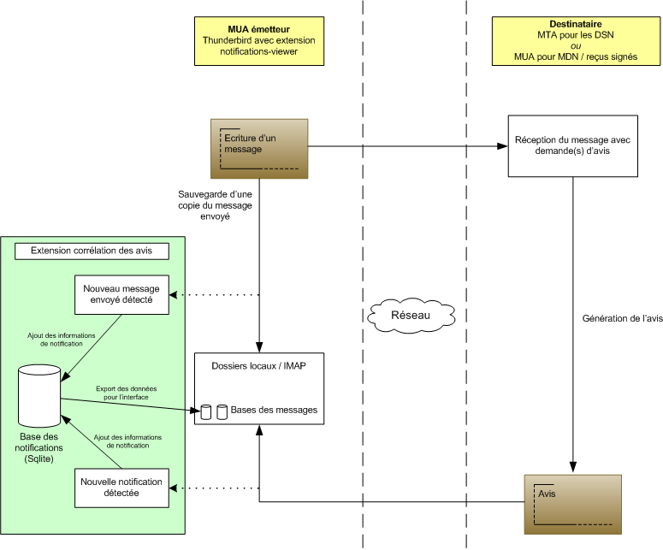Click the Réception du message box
coord(572,146)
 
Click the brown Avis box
coord(572,502)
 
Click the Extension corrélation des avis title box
coord(92,251)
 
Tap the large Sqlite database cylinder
coord(38,395)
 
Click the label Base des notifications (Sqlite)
coord(39,447)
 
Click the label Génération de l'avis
coord(622,318)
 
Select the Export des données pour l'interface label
coord(126,393)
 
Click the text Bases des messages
coord(274,411)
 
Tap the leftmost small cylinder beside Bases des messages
coord(205,411)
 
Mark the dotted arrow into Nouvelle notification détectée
coord(214,488)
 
